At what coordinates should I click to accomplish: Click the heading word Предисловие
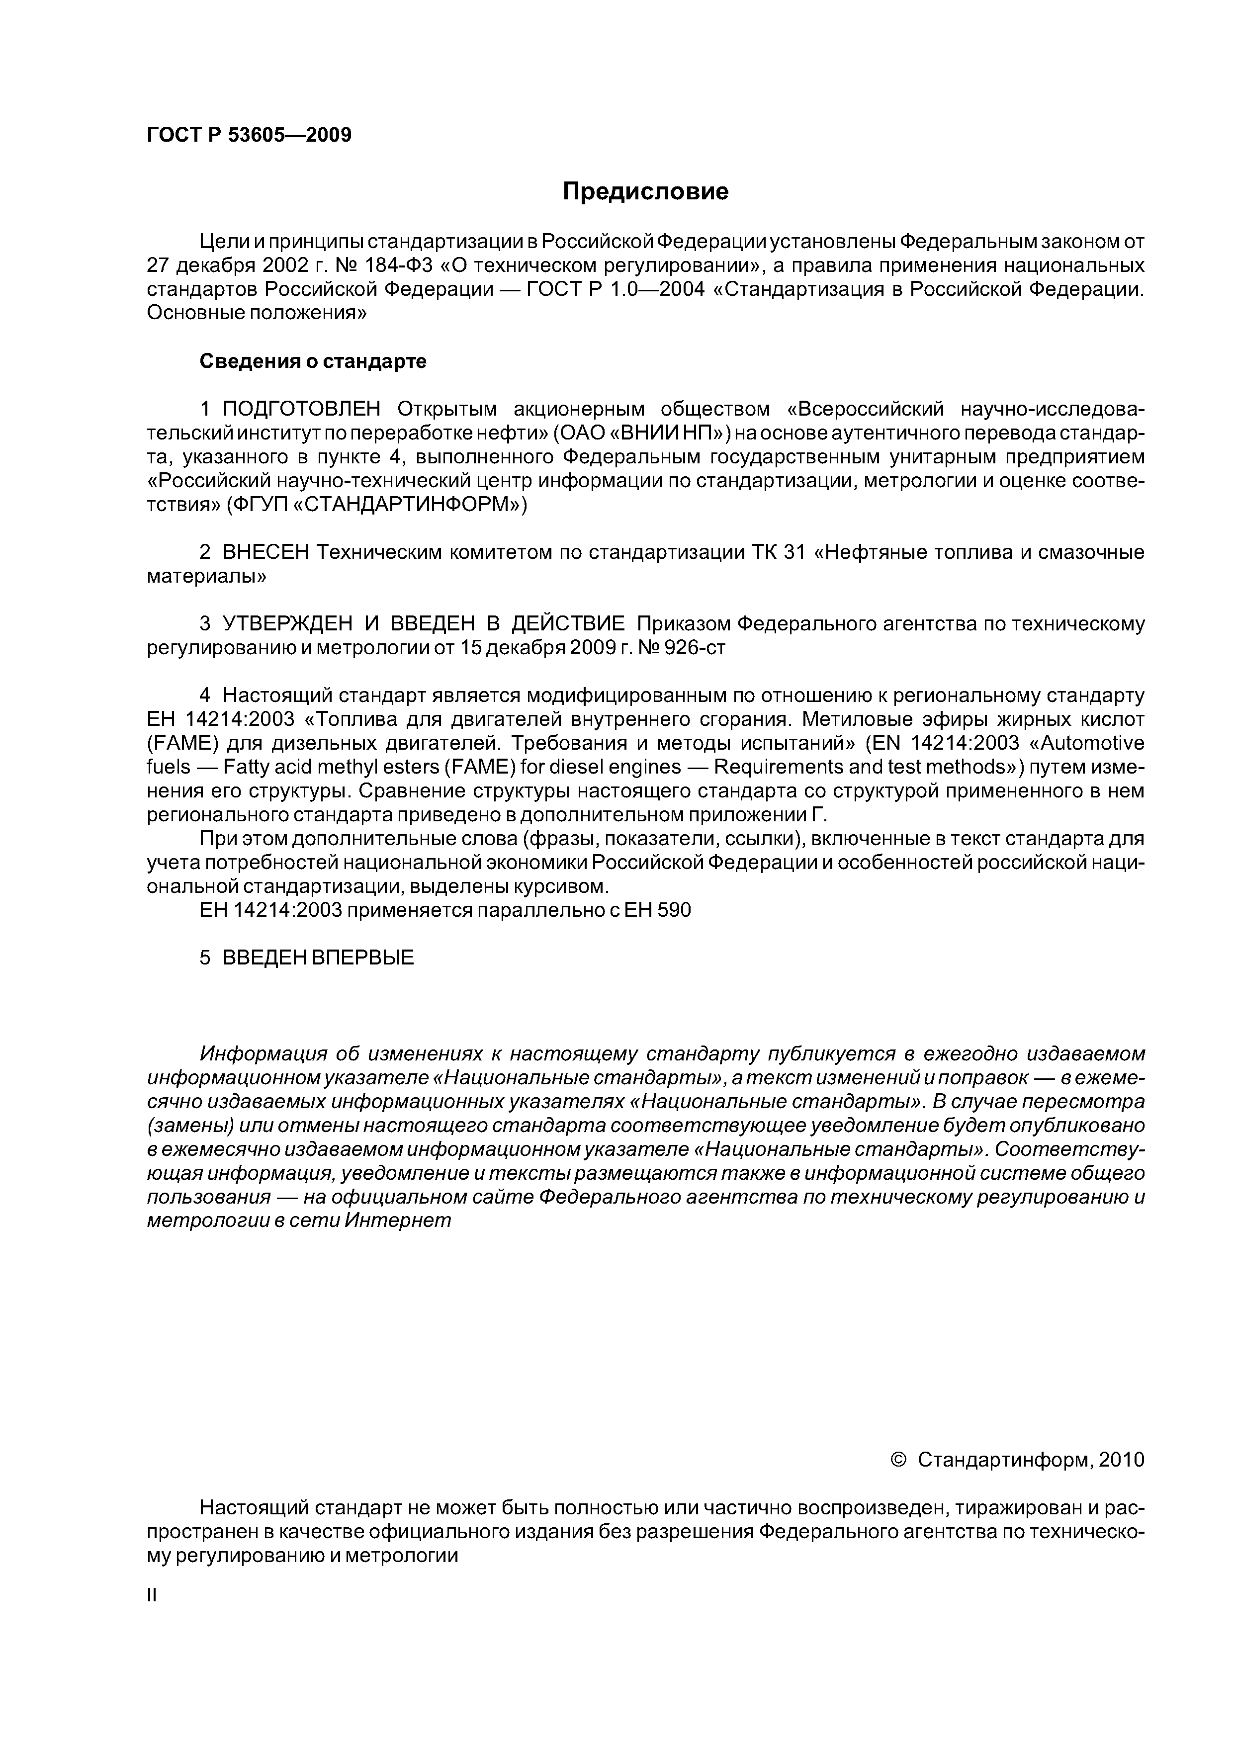645,191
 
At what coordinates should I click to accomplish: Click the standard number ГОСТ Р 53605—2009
249,135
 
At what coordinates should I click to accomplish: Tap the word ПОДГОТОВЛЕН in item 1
302,410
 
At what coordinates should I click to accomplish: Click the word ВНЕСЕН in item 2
266,552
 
